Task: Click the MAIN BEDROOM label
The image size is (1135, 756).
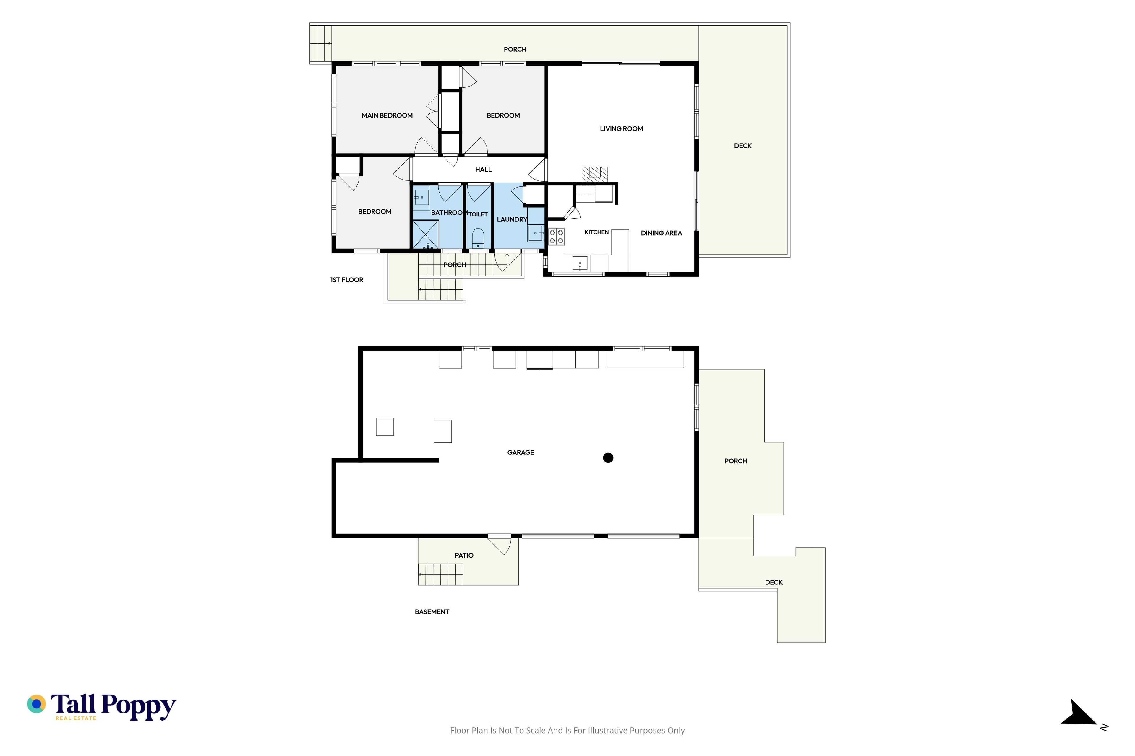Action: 387,115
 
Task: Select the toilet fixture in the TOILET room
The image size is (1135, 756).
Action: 478,238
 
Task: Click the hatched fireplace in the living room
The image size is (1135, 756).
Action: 594,174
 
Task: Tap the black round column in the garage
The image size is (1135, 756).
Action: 608,457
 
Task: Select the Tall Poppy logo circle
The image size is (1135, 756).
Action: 36,704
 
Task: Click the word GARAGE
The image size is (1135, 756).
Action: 521,452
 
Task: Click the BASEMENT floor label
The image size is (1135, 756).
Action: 432,612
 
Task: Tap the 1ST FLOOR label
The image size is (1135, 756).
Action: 346,280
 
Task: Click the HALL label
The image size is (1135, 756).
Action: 483,170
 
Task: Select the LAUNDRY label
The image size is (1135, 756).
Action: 512,219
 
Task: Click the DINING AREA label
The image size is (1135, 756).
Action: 661,233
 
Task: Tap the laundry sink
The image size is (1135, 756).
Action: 535,233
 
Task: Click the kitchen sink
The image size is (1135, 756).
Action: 580,263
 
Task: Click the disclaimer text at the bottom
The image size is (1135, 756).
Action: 567,730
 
